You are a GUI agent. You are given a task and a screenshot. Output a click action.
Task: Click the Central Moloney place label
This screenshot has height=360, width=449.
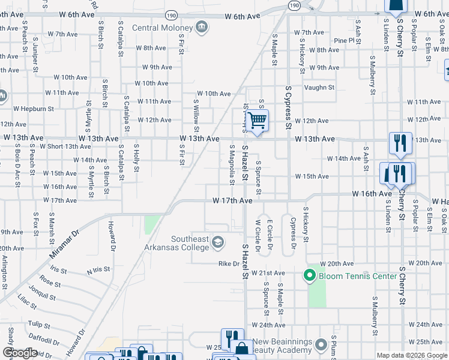[x=162, y=28]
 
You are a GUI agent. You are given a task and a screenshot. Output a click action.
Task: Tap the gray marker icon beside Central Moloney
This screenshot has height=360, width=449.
[x=202, y=27]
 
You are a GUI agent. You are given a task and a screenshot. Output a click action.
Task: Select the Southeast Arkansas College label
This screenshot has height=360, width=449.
[x=190, y=244]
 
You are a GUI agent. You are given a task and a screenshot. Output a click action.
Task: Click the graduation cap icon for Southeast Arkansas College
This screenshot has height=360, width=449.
[x=218, y=242]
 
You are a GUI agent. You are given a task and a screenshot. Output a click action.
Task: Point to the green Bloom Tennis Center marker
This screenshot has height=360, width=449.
[x=310, y=276]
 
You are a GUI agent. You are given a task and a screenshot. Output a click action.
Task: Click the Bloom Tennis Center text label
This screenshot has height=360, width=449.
[x=358, y=276]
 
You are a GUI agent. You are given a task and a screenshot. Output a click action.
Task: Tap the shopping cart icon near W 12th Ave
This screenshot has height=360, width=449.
[x=257, y=121]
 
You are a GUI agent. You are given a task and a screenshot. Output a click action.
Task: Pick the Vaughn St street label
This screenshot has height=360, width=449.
[x=318, y=88]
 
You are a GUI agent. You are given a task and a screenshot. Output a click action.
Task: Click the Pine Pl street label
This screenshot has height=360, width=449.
[x=345, y=40]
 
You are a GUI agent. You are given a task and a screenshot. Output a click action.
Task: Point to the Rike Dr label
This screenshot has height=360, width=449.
[x=229, y=263]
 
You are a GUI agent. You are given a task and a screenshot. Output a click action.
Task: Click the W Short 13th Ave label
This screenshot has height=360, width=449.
[x=65, y=146]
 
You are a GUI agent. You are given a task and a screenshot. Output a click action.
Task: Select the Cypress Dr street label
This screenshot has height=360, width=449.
[x=294, y=233]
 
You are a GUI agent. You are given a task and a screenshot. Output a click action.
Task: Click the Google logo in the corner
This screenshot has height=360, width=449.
[x=20, y=353]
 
